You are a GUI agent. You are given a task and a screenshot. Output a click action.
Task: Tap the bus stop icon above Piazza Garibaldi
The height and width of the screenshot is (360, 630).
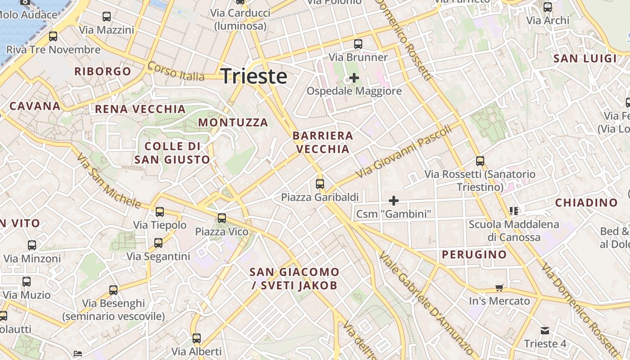coord(320,184)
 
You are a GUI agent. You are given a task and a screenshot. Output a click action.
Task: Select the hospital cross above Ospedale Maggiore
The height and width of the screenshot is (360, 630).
coord(354,78)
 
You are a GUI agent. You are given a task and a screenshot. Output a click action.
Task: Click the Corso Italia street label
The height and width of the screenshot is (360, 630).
coord(175,71)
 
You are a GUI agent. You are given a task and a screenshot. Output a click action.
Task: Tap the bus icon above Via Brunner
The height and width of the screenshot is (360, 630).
coord(358,44)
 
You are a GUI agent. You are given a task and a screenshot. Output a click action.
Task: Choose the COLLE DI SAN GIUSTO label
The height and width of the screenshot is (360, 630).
coord(172,153)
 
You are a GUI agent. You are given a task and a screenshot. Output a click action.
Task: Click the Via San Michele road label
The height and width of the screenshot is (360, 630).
coord(108,180)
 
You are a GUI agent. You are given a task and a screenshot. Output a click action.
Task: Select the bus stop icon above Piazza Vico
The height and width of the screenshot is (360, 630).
coord(222,218)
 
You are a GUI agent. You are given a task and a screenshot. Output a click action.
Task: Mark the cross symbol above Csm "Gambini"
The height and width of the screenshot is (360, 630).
coord(394,201)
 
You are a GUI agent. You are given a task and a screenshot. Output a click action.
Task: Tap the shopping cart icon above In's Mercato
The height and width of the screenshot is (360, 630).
coord(499,288)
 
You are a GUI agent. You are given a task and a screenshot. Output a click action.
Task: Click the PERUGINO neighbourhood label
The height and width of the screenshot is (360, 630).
coord(474,255)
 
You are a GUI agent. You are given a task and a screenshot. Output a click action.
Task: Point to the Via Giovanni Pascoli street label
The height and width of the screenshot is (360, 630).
coord(403,152)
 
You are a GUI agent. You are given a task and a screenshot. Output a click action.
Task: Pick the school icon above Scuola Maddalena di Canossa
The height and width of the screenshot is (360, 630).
coord(513,211)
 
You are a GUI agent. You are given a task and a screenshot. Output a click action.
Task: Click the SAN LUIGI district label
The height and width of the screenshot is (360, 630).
coord(585,58)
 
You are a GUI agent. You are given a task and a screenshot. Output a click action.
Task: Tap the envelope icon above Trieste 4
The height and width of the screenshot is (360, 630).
coord(545,331)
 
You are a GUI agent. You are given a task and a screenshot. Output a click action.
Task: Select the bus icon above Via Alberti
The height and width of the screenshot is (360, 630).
coord(197,338)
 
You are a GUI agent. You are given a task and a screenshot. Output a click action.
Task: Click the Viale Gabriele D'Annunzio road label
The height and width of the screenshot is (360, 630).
coord(426,304)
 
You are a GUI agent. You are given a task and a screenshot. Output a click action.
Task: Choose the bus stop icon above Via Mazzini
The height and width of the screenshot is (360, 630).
coord(107,17)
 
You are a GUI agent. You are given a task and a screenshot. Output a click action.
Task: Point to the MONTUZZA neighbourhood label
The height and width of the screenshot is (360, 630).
coord(233,122)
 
